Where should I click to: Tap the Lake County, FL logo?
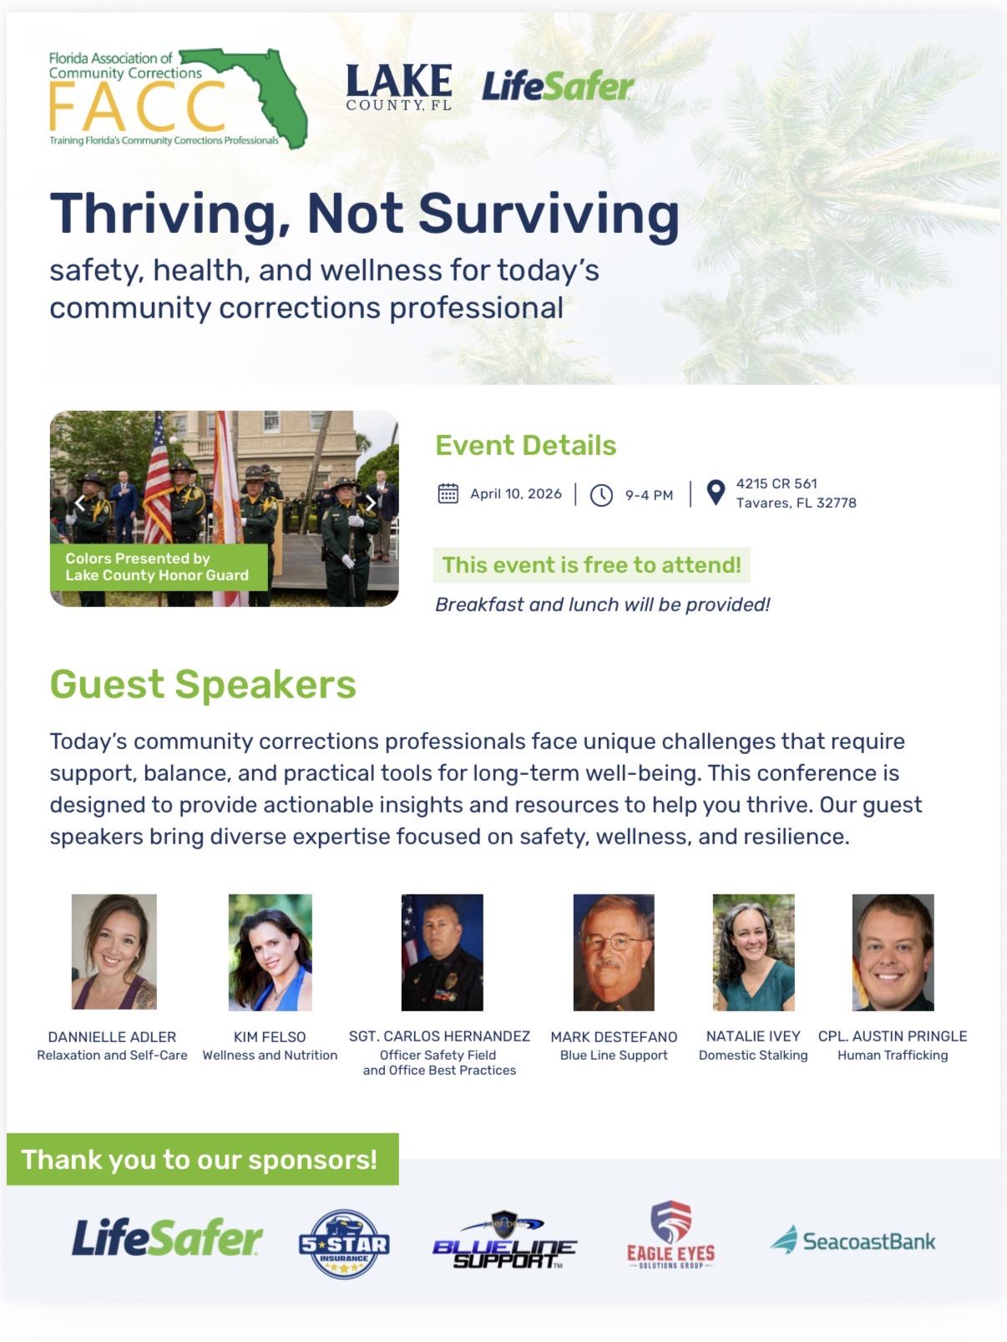click(x=399, y=87)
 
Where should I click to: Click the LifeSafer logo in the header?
click(x=558, y=86)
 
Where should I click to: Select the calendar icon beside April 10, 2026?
click(x=448, y=494)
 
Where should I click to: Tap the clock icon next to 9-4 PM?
click(x=601, y=494)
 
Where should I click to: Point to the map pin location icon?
click(x=716, y=492)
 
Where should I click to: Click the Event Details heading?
click(x=525, y=445)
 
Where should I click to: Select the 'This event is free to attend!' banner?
click(x=591, y=565)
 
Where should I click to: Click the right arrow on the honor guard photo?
click(x=370, y=504)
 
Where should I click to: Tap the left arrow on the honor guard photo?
click(x=79, y=504)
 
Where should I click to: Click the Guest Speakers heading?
click(x=203, y=684)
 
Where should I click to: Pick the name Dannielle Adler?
click(x=113, y=1037)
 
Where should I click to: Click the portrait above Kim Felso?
click(x=270, y=952)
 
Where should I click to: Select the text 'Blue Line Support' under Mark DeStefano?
click(x=614, y=1056)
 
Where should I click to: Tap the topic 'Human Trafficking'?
click(x=893, y=1056)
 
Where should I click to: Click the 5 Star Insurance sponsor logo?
click(x=345, y=1243)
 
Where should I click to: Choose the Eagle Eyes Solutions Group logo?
click(x=671, y=1234)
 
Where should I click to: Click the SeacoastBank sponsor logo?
click(x=853, y=1240)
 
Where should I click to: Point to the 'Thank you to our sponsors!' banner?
click(x=203, y=1159)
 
